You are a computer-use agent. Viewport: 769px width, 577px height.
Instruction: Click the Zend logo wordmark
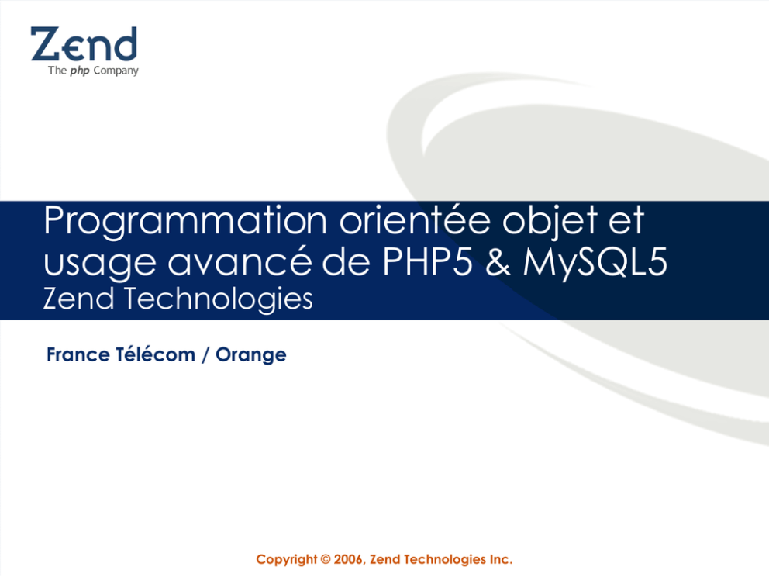coord(84,44)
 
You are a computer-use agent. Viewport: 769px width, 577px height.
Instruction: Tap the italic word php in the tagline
coord(79,71)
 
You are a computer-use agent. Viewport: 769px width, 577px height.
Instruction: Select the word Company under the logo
coord(116,71)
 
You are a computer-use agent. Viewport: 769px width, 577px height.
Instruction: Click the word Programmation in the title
coord(185,222)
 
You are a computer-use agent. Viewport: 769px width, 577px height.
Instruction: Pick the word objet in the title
coord(550,222)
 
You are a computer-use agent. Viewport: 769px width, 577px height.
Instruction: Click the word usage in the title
coord(100,263)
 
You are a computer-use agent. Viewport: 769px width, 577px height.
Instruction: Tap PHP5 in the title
coord(428,261)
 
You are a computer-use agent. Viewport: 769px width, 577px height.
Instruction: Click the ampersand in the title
coord(498,261)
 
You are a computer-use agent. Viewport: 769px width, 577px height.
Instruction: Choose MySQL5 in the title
coord(595,262)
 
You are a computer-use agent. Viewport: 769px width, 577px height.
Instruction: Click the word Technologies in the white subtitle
coord(219,299)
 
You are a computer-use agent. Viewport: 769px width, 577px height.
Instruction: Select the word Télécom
coord(156,354)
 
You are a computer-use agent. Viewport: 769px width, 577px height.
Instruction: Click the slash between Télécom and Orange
coord(205,354)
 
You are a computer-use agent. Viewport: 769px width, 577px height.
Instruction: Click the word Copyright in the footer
coord(287,560)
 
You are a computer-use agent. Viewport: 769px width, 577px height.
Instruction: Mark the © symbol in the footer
coord(326,559)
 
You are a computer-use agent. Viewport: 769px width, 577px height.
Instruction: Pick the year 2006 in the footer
coord(348,559)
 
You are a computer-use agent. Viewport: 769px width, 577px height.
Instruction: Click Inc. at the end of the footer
coord(501,559)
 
